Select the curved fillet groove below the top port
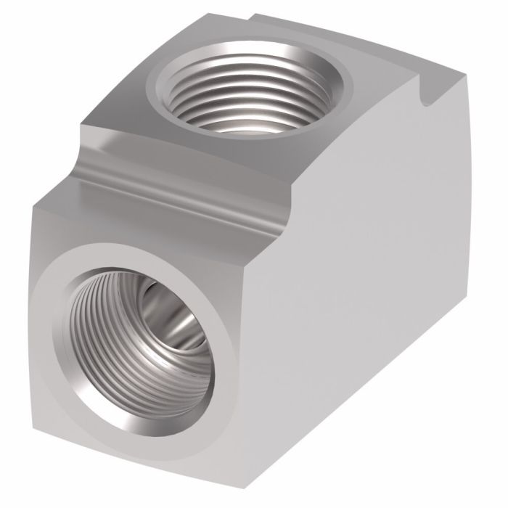tap(181, 171)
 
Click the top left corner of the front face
tap(36, 207)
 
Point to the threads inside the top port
tap(218, 109)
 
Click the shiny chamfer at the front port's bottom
tap(145, 428)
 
